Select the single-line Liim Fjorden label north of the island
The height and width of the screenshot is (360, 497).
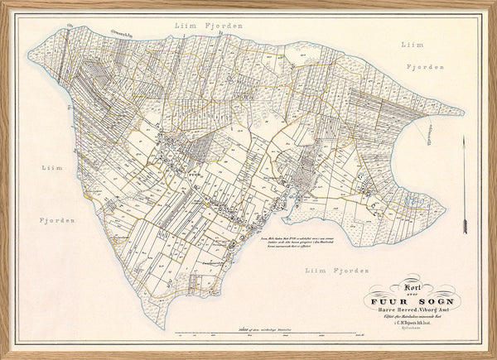click(x=209, y=26)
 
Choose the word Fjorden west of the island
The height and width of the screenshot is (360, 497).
click(x=56, y=220)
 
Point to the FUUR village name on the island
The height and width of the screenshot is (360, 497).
click(x=194, y=175)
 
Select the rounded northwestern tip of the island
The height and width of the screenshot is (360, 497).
click(x=31, y=56)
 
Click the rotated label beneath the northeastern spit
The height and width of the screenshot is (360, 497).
click(x=430, y=127)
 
